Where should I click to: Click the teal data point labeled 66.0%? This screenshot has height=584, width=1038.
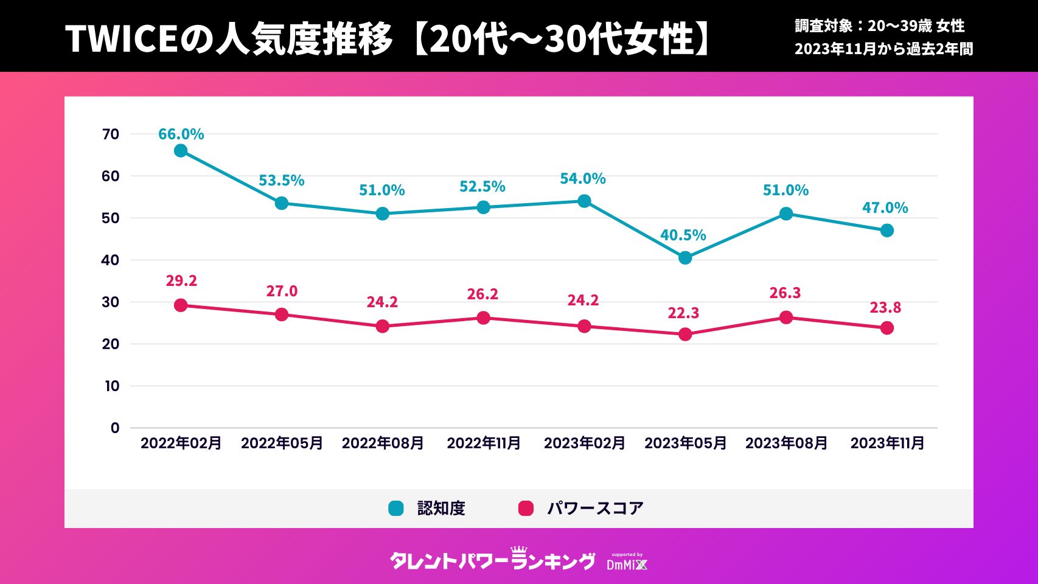tap(181, 151)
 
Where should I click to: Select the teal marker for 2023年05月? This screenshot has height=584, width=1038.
tap(685, 258)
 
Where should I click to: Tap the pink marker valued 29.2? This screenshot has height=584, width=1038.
tap(181, 305)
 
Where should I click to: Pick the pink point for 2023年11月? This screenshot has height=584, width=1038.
tap(887, 328)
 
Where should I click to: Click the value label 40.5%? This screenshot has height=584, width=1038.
tap(683, 235)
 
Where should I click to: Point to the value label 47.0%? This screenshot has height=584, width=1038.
tap(885, 208)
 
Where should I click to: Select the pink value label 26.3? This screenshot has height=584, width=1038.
tap(785, 293)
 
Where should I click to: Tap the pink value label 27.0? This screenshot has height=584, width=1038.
tap(282, 291)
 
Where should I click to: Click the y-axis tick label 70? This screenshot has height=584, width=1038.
tap(111, 134)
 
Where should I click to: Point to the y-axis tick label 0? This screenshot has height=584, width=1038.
tap(115, 428)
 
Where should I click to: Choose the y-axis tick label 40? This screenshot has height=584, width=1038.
tap(111, 260)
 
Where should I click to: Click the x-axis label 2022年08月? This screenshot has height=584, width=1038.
tap(383, 443)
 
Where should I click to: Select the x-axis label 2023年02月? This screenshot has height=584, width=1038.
tap(584, 443)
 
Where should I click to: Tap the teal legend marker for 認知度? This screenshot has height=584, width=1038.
tap(396, 509)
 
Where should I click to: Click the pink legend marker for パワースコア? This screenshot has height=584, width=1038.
tap(526, 509)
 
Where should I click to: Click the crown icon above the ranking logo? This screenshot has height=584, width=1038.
tap(519, 549)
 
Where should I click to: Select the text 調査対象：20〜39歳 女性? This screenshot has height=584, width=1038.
tap(879, 26)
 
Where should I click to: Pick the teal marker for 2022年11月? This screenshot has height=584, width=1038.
tap(483, 207)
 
